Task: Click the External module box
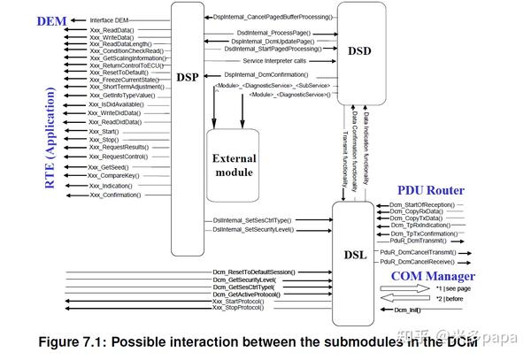click(234, 165)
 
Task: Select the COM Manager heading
click(427, 276)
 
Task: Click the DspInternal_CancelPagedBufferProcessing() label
click(273, 17)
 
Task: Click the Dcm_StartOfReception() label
click(421, 204)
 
